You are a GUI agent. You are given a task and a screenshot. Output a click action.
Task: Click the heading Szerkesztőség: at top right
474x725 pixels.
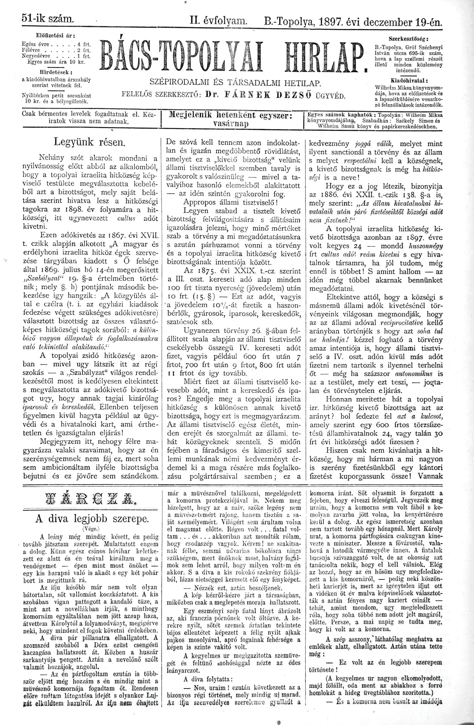pyautogui.click(x=409, y=39)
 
